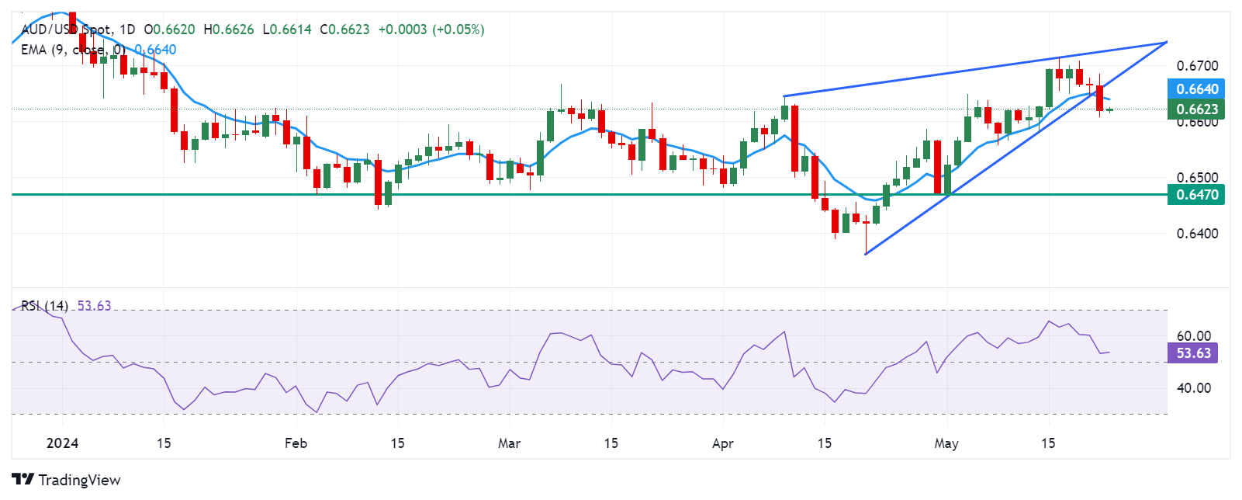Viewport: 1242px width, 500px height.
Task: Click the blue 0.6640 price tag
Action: pyautogui.click(x=1197, y=89)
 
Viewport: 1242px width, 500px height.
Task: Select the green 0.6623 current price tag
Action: pyautogui.click(x=1197, y=109)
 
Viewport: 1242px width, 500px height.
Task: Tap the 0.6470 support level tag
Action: pyautogui.click(x=1197, y=195)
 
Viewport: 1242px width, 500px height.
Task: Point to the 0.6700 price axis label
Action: pyautogui.click(x=1197, y=66)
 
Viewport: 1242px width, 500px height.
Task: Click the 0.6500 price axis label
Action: pyautogui.click(x=1197, y=177)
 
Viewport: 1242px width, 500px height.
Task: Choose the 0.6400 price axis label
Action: pyautogui.click(x=1197, y=233)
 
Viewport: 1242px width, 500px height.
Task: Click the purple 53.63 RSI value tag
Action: pyautogui.click(x=1193, y=353)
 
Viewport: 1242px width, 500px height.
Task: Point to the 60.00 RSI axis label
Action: pyautogui.click(x=1193, y=336)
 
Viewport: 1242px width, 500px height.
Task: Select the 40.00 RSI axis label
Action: pyautogui.click(x=1193, y=387)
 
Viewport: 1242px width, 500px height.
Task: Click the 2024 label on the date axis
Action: pyautogui.click(x=62, y=443)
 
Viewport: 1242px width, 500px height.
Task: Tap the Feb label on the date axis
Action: pyautogui.click(x=296, y=443)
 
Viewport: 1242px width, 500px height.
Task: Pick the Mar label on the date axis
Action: pyautogui.click(x=509, y=443)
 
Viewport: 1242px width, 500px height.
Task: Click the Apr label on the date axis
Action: pyautogui.click(x=722, y=443)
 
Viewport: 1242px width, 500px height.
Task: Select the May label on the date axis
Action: pyautogui.click(x=946, y=443)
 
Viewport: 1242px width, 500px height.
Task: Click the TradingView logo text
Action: pyautogui.click(x=78, y=480)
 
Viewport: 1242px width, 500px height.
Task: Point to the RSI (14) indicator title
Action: pyautogui.click(x=44, y=306)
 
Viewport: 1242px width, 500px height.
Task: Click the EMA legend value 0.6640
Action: pyautogui.click(x=155, y=50)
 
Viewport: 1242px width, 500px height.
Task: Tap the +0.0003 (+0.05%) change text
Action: pyautogui.click(x=431, y=30)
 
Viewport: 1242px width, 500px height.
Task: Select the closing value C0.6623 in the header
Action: pyautogui.click(x=344, y=30)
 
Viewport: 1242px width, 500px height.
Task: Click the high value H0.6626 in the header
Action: pyautogui.click(x=228, y=30)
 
